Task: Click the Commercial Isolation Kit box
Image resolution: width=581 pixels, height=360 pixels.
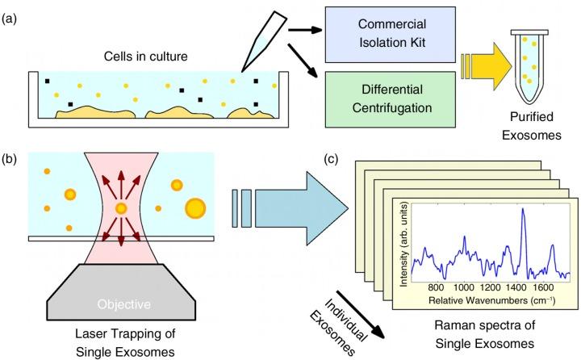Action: click(x=391, y=35)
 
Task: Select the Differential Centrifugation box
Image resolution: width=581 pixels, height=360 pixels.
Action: click(x=391, y=99)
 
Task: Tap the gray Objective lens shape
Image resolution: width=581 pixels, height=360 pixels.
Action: click(x=121, y=291)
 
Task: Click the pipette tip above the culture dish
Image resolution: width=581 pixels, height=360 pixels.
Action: click(x=264, y=41)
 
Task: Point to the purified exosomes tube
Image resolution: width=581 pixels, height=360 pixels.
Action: click(x=529, y=66)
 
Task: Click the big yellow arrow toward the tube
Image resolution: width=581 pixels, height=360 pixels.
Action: click(x=486, y=66)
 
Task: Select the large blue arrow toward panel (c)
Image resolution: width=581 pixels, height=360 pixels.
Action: click(x=290, y=208)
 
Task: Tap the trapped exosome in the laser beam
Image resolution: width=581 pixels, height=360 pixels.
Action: click(x=121, y=209)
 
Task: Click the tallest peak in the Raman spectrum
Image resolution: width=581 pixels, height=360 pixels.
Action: click(x=523, y=210)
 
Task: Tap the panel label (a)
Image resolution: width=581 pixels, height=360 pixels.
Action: click(x=9, y=19)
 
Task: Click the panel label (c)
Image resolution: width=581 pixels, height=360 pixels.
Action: click(x=331, y=159)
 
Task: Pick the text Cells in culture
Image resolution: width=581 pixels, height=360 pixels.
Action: click(x=145, y=57)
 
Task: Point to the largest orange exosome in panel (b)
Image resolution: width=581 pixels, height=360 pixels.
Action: click(x=195, y=208)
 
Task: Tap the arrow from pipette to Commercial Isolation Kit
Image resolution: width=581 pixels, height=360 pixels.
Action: click(x=305, y=30)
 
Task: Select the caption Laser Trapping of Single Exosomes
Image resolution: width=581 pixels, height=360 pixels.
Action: click(x=125, y=342)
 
